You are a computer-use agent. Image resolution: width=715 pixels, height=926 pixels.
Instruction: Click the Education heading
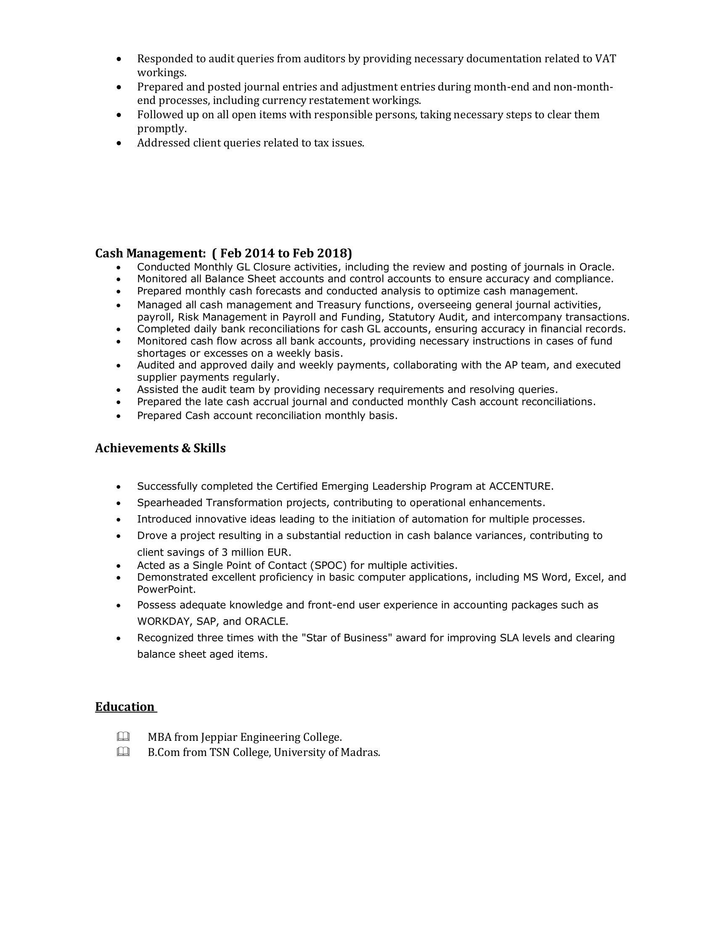click(125, 707)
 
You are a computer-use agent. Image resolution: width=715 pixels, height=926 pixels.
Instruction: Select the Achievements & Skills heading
click(160, 448)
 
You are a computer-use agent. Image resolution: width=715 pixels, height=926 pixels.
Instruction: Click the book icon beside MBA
click(123, 737)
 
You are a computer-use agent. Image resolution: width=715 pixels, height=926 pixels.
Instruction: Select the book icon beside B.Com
click(123, 752)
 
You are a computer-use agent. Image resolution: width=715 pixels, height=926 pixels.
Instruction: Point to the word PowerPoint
click(166, 589)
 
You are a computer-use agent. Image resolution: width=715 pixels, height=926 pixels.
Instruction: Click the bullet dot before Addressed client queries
click(120, 144)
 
